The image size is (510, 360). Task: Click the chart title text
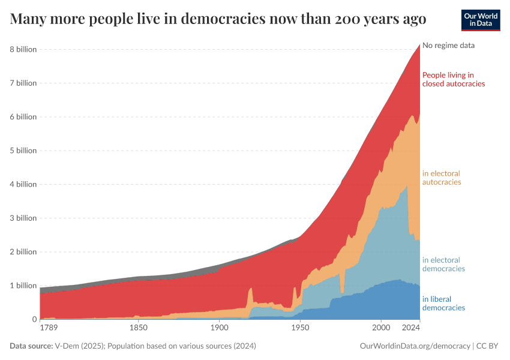[218, 19]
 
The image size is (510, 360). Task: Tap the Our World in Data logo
[480, 20]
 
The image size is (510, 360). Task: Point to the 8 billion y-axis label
[22, 49]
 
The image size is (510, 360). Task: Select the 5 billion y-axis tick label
[22, 151]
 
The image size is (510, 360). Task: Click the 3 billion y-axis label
[22, 218]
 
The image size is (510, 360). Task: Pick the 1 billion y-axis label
[22, 286]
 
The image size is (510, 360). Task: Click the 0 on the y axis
[33, 319]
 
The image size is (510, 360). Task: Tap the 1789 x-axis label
[49, 329]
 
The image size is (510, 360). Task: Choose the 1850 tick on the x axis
[139, 329]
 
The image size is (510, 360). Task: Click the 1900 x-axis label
[220, 329]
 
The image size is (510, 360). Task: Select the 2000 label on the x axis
[381, 329]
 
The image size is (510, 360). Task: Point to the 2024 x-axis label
[410, 329]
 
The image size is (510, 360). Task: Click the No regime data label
[452, 46]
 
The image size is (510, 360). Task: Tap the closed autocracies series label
[453, 79]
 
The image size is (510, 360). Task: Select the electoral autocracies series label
[442, 178]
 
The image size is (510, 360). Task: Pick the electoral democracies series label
[443, 265]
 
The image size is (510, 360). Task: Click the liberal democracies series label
[443, 304]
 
